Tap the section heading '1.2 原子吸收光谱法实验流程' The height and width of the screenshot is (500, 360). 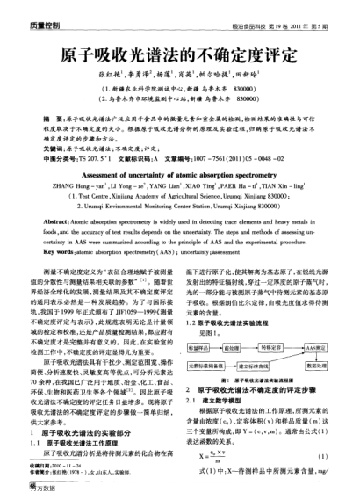[x=232, y=300]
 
